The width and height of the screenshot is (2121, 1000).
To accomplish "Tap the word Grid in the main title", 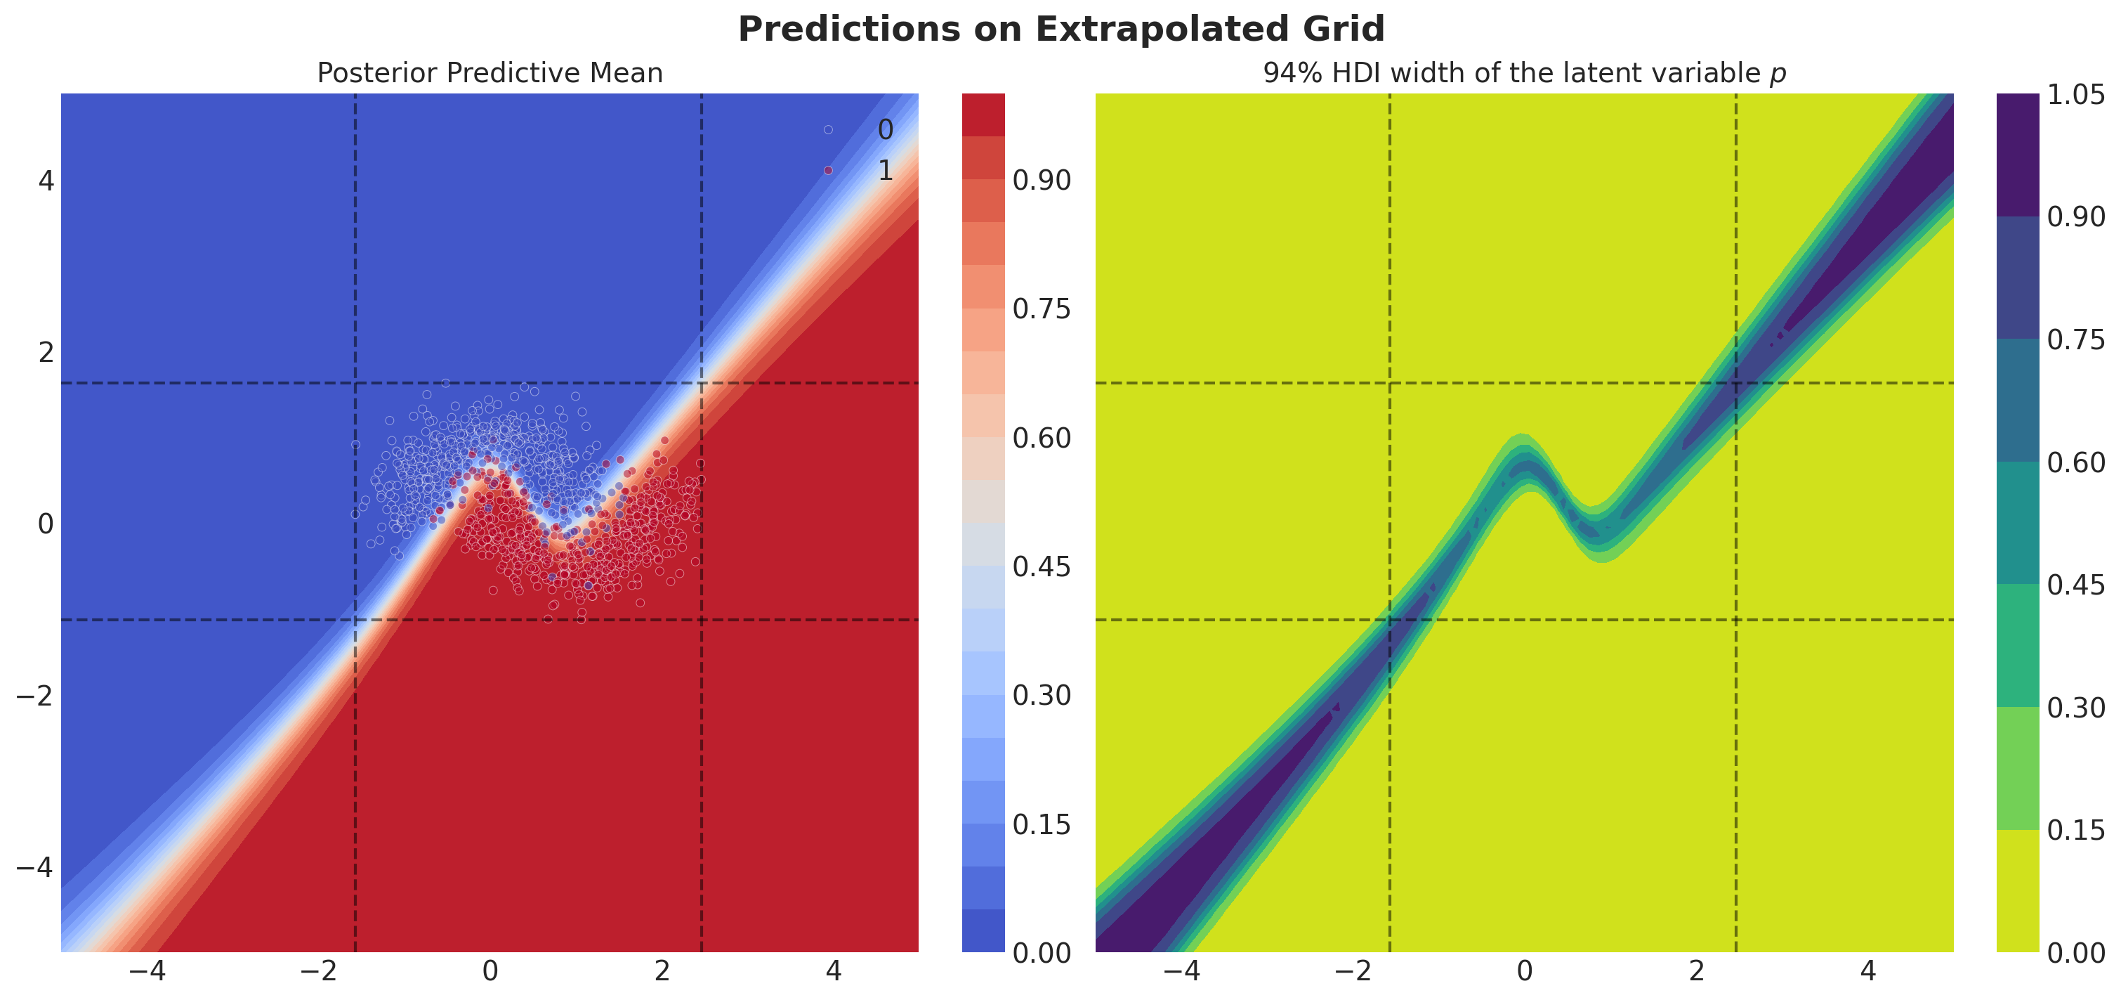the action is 1344,29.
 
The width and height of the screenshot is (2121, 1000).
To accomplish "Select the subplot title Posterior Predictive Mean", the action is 490,73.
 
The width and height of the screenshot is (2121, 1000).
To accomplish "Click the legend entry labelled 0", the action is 857,129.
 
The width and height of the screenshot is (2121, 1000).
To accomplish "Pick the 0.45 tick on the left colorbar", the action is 1042,566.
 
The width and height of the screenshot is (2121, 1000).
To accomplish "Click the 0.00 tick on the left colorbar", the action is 1042,953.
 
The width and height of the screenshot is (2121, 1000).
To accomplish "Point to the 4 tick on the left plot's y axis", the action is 46,181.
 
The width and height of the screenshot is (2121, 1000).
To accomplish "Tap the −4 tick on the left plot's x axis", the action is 147,972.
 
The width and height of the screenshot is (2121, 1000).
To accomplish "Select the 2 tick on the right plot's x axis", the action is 1697,972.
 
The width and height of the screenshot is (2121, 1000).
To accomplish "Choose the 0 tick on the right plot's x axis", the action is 1525,972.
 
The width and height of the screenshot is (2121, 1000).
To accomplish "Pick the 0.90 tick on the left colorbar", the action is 1042,181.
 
